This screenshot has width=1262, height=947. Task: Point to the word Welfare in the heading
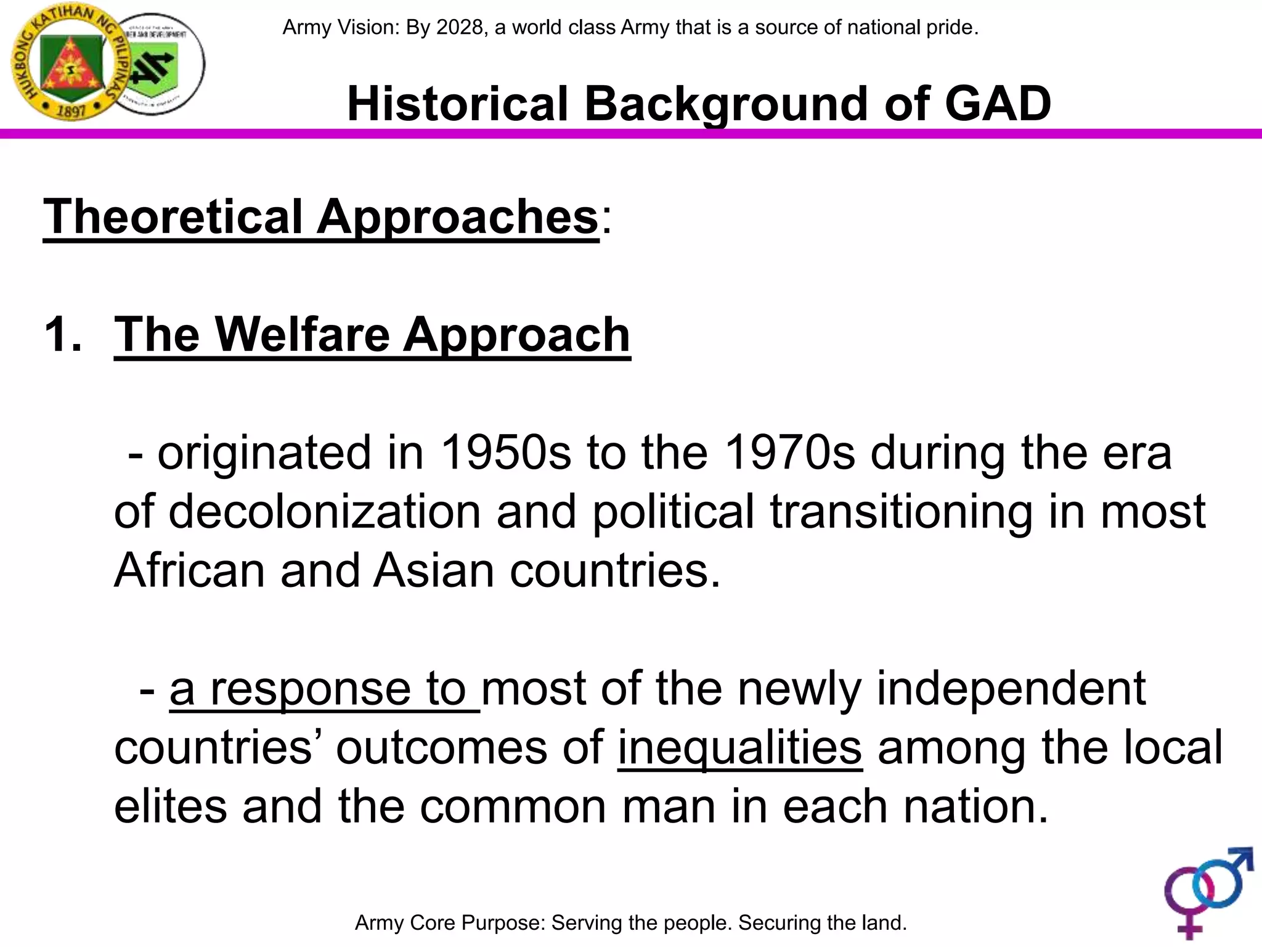(302, 335)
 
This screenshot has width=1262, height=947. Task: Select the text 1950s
(506, 453)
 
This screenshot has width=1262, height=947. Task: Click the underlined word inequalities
(739, 748)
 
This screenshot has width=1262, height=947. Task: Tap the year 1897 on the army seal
(71, 111)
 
